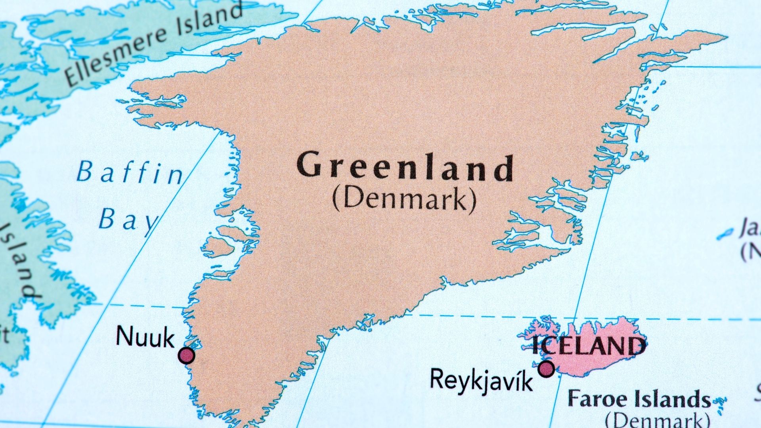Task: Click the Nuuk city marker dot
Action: click(x=186, y=355)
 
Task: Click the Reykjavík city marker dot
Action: click(x=546, y=369)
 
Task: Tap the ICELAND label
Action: click(x=588, y=346)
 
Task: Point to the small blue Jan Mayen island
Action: click(x=725, y=234)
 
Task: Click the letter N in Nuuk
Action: click(x=124, y=336)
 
